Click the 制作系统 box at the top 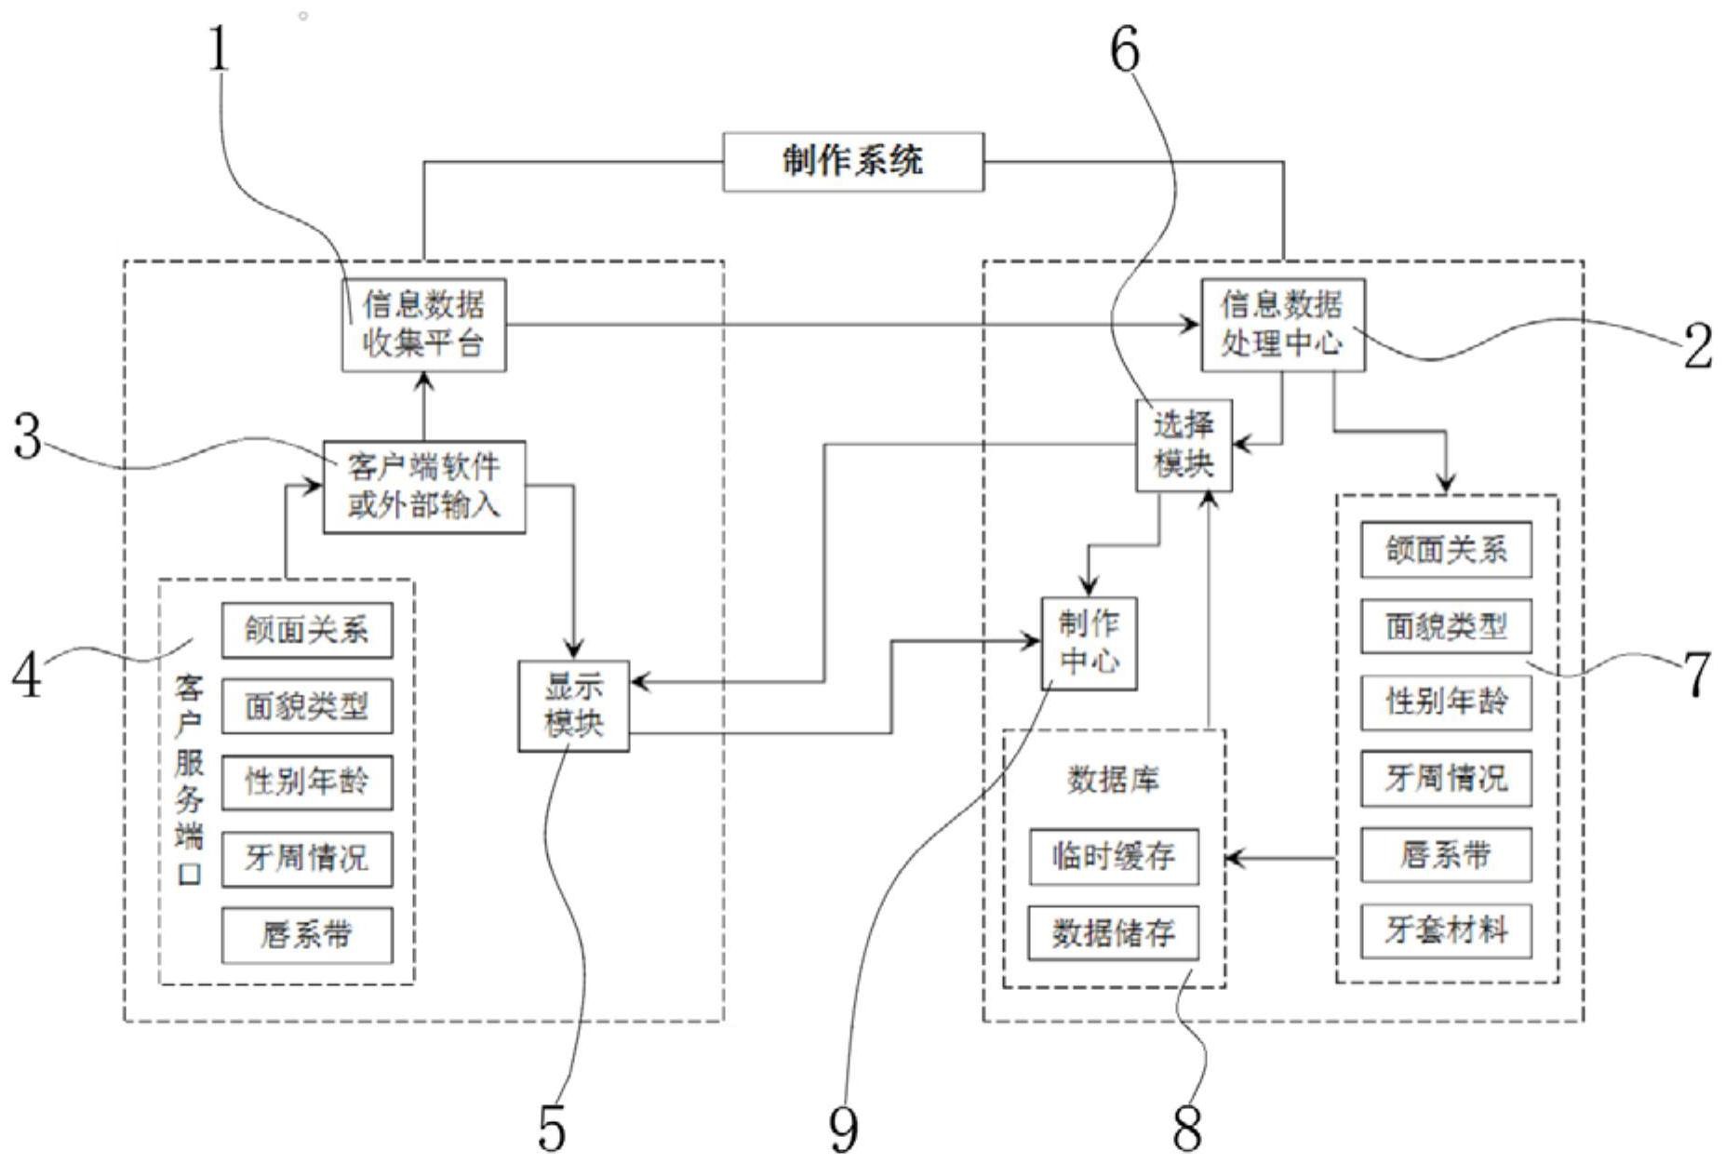(x=852, y=162)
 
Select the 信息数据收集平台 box (x=423, y=325)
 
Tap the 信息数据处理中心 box (x=1282, y=325)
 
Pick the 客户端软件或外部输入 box (x=423, y=487)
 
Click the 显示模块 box (x=573, y=705)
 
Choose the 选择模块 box (x=1183, y=445)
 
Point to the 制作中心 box (x=1089, y=643)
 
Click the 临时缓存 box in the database (x=1113, y=856)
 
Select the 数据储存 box (x=1113, y=932)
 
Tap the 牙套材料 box (x=1446, y=930)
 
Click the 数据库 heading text (x=1113, y=780)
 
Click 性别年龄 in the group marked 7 (x=1446, y=702)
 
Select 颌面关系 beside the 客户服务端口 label (x=306, y=630)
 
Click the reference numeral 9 (x=843, y=1129)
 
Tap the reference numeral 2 (x=1698, y=347)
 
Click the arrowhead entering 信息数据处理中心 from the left (x=1191, y=325)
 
